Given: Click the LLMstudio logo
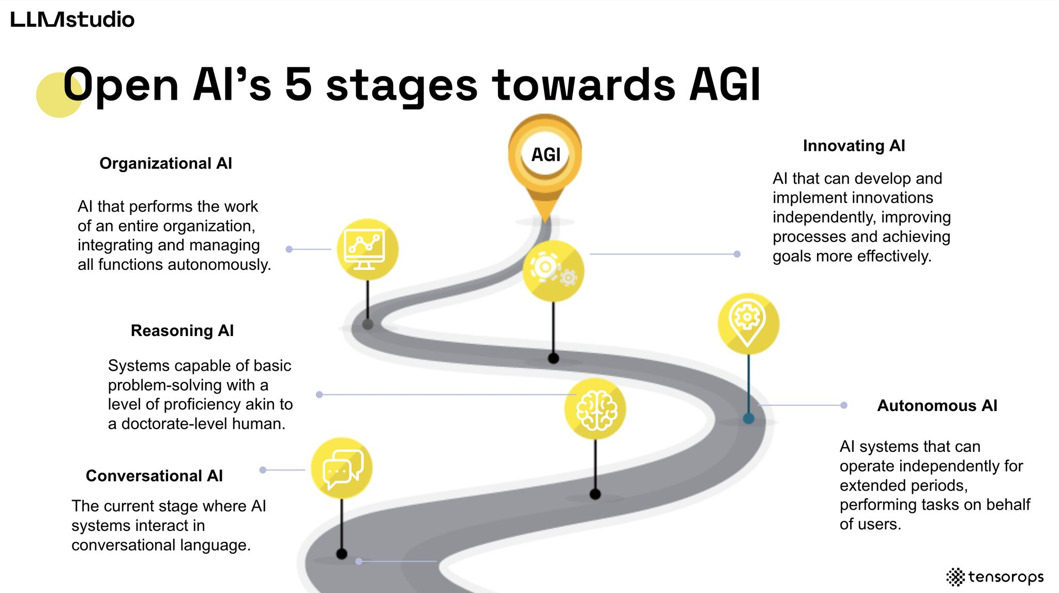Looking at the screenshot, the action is click(x=72, y=20).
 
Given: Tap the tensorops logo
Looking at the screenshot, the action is click(x=995, y=576).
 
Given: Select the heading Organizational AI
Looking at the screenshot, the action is click(x=165, y=163).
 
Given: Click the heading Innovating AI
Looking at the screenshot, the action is click(x=854, y=146).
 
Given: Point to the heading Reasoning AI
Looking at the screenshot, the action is click(x=182, y=330).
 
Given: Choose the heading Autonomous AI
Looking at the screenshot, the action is click(x=937, y=405).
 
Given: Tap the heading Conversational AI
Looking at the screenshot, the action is click(x=154, y=476).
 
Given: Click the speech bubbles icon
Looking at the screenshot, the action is click(x=342, y=468).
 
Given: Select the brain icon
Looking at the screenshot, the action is click(x=595, y=409).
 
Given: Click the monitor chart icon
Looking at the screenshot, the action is click(x=368, y=250).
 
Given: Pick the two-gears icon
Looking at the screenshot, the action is click(x=553, y=271).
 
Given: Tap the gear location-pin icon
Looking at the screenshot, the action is click(x=749, y=324).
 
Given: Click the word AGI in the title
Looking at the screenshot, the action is click(x=725, y=85).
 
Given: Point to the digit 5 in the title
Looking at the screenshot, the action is click(x=299, y=85).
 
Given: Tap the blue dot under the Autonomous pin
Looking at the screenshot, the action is click(x=748, y=418).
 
